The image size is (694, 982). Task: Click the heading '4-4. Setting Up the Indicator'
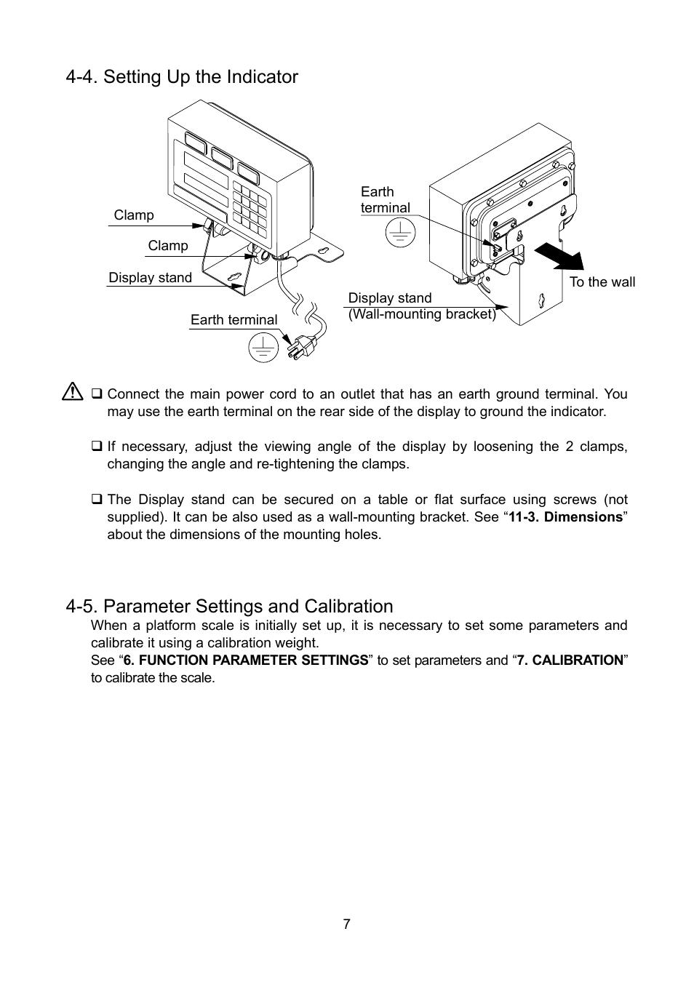click(x=181, y=77)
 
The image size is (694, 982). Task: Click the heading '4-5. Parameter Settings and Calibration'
click(x=228, y=606)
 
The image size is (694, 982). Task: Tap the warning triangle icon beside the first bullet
click(x=73, y=393)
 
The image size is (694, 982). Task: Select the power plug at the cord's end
click(x=298, y=348)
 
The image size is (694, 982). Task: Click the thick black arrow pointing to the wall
click(x=560, y=257)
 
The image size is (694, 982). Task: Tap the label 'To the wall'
click(x=602, y=282)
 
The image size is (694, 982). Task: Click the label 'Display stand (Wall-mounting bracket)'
click(x=421, y=306)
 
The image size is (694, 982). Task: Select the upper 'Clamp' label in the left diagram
click(x=134, y=215)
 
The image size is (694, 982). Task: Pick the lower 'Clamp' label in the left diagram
click(x=168, y=246)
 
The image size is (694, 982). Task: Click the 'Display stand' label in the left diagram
click(x=150, y=278)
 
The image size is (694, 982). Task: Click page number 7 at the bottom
click(x=346, y=924)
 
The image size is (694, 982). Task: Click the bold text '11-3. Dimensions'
click(x=565, y=517)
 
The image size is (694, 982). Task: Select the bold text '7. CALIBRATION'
click(x=570, y=660)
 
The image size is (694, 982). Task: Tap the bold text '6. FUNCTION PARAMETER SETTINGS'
click(x=245, y=660)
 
